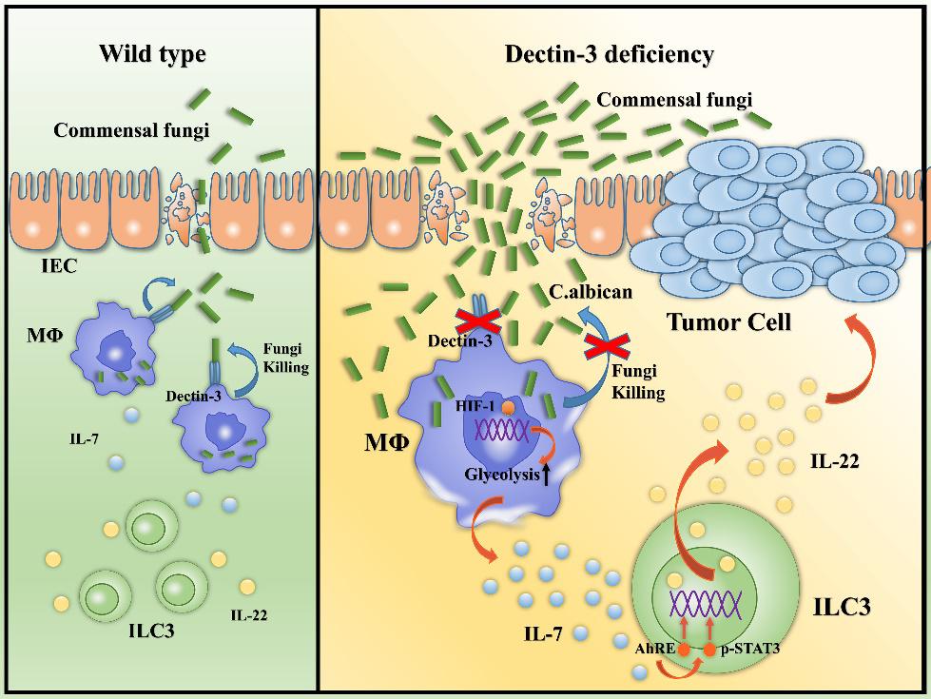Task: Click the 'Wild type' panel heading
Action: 152,54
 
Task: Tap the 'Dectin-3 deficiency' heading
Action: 609,54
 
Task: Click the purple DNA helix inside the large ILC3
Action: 708,602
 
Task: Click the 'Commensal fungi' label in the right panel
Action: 673,98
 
